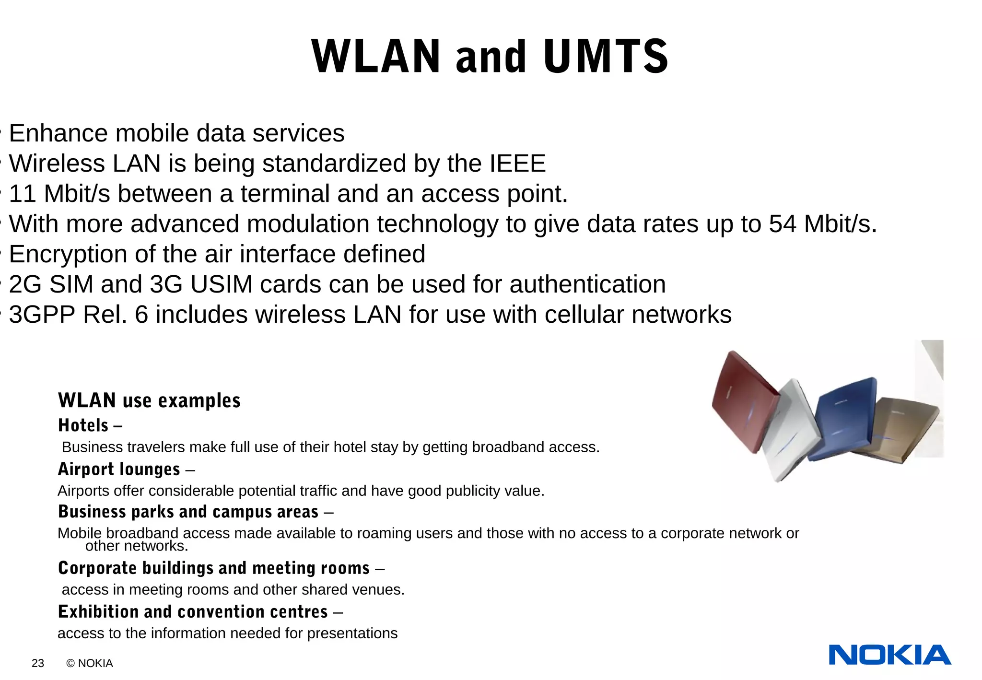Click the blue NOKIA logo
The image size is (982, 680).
pyautogui.click(x=889, y=655)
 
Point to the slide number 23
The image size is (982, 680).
pyautogui.click(x=38, y=663)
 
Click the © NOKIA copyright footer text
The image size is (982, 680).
pyautogui.click(x=90, y=663)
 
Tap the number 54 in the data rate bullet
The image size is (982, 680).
pyautogui.click(x=783, y=224)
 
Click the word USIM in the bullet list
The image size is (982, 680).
pyautogui.click(x=221, y=284)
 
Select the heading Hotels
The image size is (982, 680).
pyautogui.click(x=83, y=425)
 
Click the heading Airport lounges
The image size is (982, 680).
pyautogui.click(x=119, y=469)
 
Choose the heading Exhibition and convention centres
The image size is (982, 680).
pyautogui.click(x=193, y=612)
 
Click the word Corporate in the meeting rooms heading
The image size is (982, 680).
pyautogui.click(x=97, y=568)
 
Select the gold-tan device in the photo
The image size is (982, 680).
pyautogui.click(x=901, y=427)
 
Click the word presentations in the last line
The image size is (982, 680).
pyautogui.click(x=352, y=633)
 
